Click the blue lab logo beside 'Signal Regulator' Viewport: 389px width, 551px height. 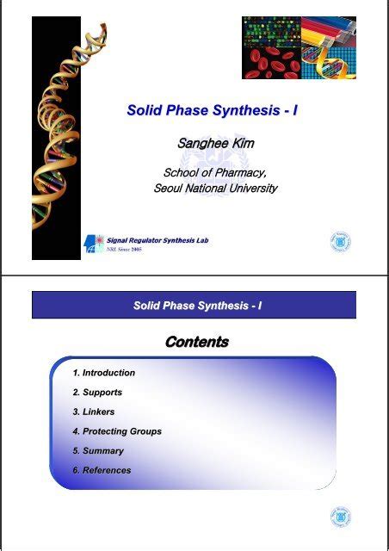(93, 245)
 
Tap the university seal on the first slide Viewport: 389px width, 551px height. (341, 242)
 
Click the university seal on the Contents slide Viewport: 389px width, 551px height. (341, 517)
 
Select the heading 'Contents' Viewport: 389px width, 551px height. (197, 342)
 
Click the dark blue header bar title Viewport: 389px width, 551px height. (197, 306)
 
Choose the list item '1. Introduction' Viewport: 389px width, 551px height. (104, 373)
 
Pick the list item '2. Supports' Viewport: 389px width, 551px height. (97, 393)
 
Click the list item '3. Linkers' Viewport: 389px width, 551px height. (94, 412)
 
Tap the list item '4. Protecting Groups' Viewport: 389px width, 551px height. (117, 431)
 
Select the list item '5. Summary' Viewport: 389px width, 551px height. (98, 450)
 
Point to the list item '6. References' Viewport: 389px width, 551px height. (102, 470)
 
